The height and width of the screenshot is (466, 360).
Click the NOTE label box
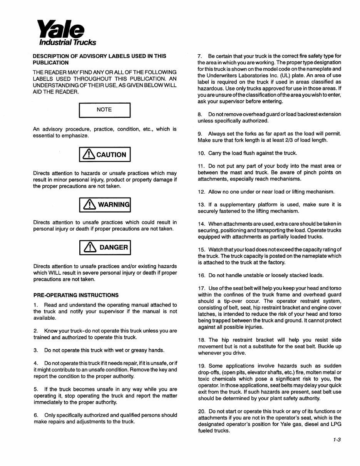click(104, 110)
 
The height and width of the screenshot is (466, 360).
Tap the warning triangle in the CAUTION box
click(89, 154)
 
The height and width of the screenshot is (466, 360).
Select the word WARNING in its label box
click(114, 205)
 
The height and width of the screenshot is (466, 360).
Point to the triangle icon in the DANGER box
click(89, 247)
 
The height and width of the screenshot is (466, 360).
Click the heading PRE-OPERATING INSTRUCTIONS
click(76, 295)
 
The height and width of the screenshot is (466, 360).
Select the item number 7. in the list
click(200, 56)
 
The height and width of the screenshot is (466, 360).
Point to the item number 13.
click(201, 205)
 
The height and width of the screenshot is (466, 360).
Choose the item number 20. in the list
click(202, 412)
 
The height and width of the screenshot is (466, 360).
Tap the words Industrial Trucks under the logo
click(69, 42)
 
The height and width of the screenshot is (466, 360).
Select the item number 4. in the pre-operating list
click(35, 363)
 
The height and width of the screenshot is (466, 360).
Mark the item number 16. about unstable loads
click(201, 275)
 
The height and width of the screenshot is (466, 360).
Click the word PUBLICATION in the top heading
click(51, 62)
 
